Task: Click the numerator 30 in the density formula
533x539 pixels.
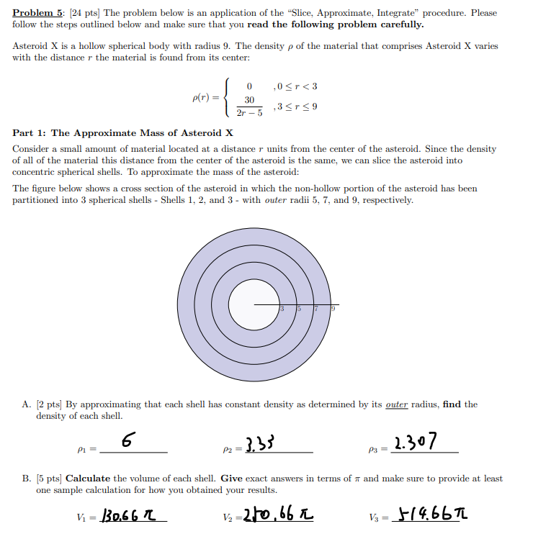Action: click(x=249, y=100)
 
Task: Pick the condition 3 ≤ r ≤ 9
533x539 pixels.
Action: click(x=295, y=107)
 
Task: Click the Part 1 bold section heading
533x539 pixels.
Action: click(x=123, y=133)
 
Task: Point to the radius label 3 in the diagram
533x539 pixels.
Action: click(x=282, y=309)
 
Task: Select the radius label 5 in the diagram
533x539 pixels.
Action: click(x=299, y=309)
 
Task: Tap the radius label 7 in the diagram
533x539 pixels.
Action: click(x=316, y=309)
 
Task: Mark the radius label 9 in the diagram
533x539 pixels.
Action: click(x=333, y=309)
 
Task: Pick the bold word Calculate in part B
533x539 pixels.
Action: click(x=88, y=478)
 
